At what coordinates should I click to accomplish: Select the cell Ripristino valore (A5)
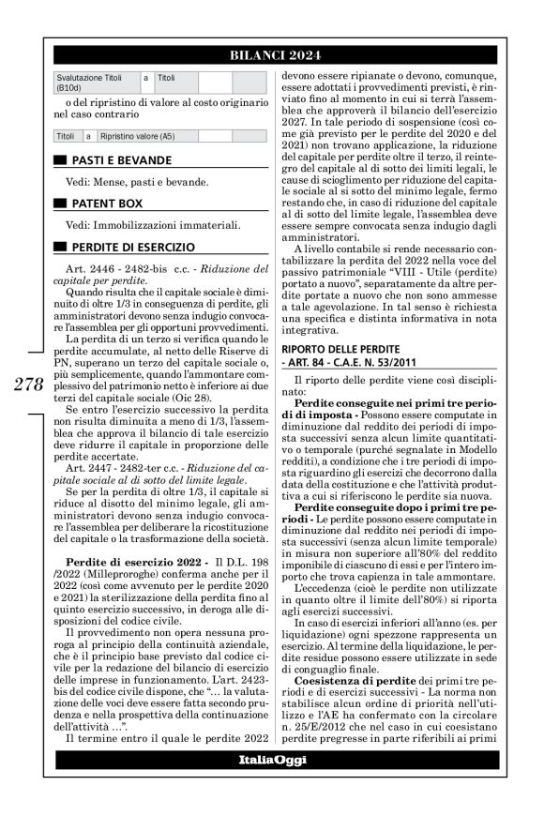[136, 136]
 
